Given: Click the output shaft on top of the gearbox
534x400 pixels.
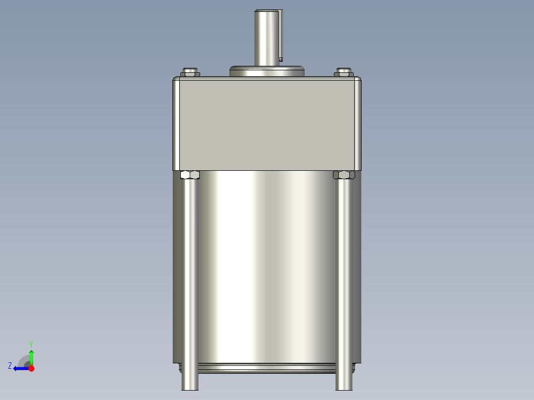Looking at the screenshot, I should click(266, 37).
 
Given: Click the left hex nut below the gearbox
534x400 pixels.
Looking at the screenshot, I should click(190, 175).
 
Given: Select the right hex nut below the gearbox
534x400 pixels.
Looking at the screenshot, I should click(344, 175).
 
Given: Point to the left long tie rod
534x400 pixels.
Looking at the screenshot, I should click(190, 277).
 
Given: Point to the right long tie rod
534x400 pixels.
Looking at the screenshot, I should click(344, 277).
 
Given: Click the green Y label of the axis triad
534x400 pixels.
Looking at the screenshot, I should click(31, 344).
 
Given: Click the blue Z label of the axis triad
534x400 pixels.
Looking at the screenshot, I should click(10, 366).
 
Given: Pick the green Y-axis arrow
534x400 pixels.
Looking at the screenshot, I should click(31, 355).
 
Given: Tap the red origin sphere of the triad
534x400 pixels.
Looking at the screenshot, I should click(31, 368).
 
